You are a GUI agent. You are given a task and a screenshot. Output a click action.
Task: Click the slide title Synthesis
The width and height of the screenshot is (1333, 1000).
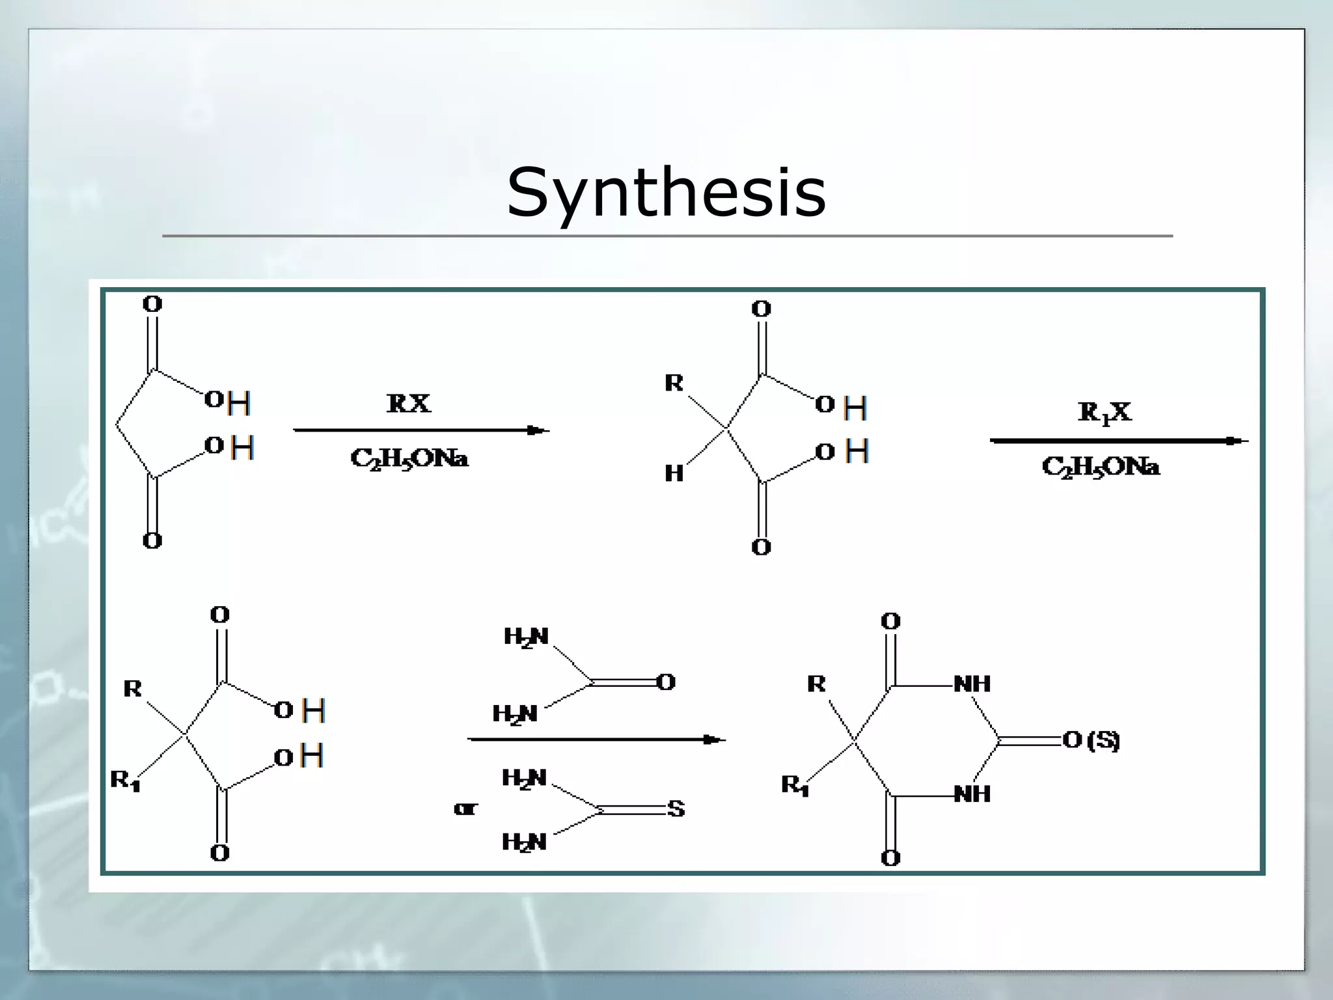click(666, 192)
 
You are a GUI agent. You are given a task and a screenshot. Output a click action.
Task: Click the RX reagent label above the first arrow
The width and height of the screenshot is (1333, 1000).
click(408, 404)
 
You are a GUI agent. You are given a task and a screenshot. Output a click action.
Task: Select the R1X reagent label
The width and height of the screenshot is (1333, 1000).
click(1105, 412)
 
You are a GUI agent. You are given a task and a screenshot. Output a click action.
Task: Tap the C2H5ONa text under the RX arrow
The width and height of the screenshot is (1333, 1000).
click(409, 459)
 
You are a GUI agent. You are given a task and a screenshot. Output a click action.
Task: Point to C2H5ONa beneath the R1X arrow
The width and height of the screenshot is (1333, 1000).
click(1100, 467)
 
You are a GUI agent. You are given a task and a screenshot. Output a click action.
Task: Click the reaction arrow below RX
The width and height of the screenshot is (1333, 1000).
click(421, 430)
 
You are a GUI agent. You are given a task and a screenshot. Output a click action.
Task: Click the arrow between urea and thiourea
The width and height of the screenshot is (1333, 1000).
click(596, 740)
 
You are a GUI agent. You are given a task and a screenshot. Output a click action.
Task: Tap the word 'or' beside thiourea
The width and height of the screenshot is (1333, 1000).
click(465, 809)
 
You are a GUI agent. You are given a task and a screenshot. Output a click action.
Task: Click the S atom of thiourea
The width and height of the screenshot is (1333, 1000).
click(676, 809)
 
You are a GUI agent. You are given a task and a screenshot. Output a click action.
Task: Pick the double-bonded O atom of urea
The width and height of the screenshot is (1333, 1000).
click(666, 682)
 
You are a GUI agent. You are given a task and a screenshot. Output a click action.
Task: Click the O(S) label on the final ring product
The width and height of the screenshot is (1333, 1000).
click(1091, 740)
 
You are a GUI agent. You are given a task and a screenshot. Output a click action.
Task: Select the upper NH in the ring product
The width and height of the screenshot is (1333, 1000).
click(972, 684)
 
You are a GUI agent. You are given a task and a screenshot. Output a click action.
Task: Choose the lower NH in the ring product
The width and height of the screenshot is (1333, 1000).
click(972, 794)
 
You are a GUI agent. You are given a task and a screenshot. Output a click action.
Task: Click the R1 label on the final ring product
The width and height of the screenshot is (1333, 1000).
click(795, 785)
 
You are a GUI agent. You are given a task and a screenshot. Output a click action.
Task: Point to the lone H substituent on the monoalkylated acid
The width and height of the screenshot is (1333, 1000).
click(674, 473)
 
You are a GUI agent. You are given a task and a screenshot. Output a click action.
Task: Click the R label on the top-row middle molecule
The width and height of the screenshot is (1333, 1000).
click(674, 383)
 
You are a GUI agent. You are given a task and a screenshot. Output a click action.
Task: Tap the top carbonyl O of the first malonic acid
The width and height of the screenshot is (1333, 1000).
click(152, 304)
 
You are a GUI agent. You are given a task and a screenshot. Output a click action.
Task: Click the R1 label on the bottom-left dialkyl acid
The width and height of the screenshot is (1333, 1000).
click(125, 779)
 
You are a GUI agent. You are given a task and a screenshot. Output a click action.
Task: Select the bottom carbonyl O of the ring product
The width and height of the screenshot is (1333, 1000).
click(890, 857)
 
